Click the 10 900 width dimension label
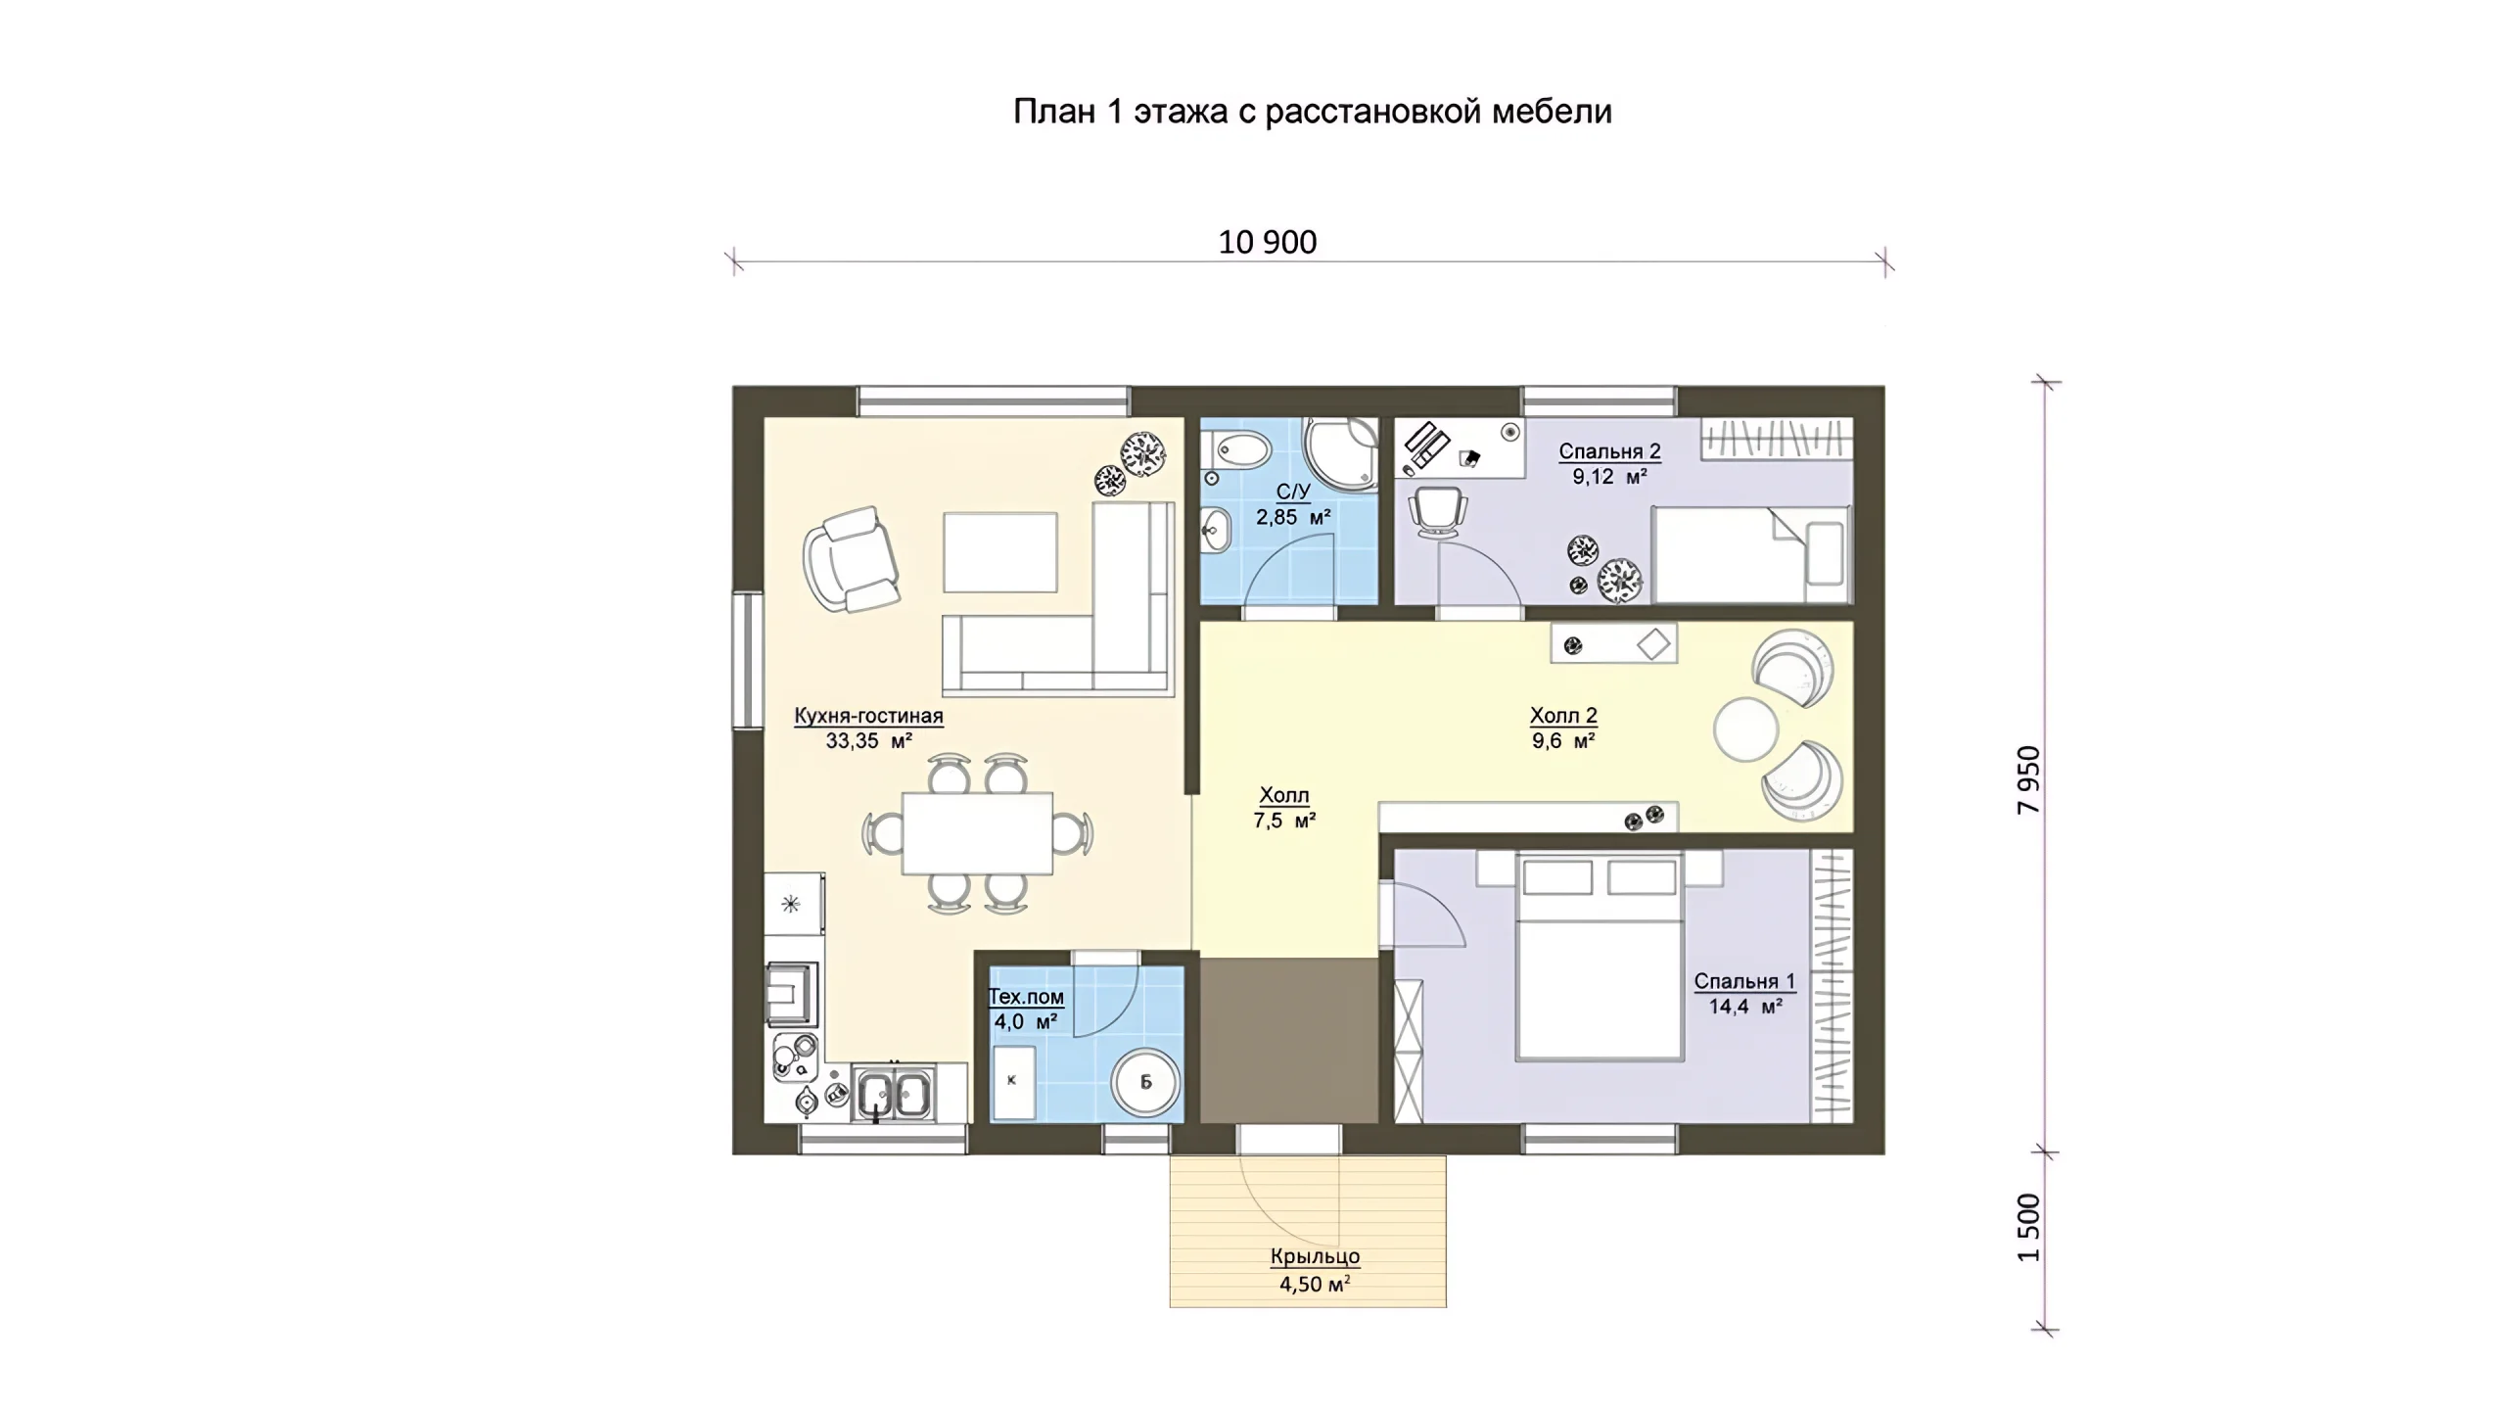(x=1267, y=242)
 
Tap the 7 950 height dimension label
(x=2029, y=779)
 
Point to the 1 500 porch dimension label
(x=2029, y=1228)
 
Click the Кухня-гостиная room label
(x=868, y=716)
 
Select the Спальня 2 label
(x=1609, y=451)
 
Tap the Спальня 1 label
(x=1744, y=981)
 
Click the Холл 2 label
(x=1563, y=716)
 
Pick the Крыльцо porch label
(x=1315, y=1256)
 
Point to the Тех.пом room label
(x=1026, y=997)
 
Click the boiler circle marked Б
(x=1145, y=1082)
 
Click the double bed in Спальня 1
(x=1599, y=957)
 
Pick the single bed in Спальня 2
(x=1751, y=554)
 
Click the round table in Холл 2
(x=1745, y=728)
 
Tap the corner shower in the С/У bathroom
(x=1340, y=453)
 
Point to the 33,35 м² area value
(x=868, y=741)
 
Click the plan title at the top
(x=1312, y=112)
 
